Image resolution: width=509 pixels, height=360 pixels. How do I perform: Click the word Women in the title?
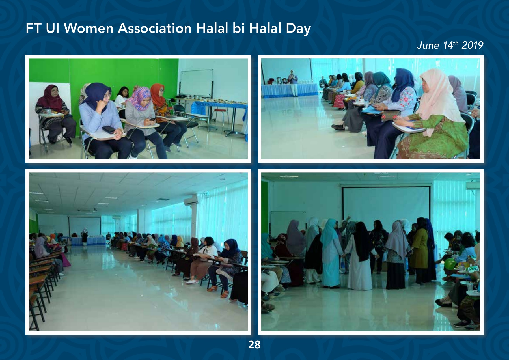pyautogui.click(x=89, y=28)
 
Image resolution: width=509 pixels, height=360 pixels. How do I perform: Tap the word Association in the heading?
pyautogui.click(x=155, y=28)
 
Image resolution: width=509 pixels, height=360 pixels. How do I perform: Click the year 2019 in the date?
pyautogui.click(x=473, y=45)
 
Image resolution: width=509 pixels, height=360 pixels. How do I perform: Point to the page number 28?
pyautogui.click(x=254, y=345)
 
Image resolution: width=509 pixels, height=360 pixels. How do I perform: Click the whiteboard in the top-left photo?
pyautogui.click(x=197, y=84)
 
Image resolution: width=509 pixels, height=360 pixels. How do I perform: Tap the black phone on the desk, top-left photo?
pyautogui.click(x=109, y=130)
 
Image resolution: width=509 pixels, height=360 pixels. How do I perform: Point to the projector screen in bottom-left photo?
pyautogui.click(x=85, y=226)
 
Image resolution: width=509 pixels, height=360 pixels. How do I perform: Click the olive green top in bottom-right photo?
pyautogui.click(x=419, y=249)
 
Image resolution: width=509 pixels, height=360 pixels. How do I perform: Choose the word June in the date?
pyautogui.click(x=428, y=45)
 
